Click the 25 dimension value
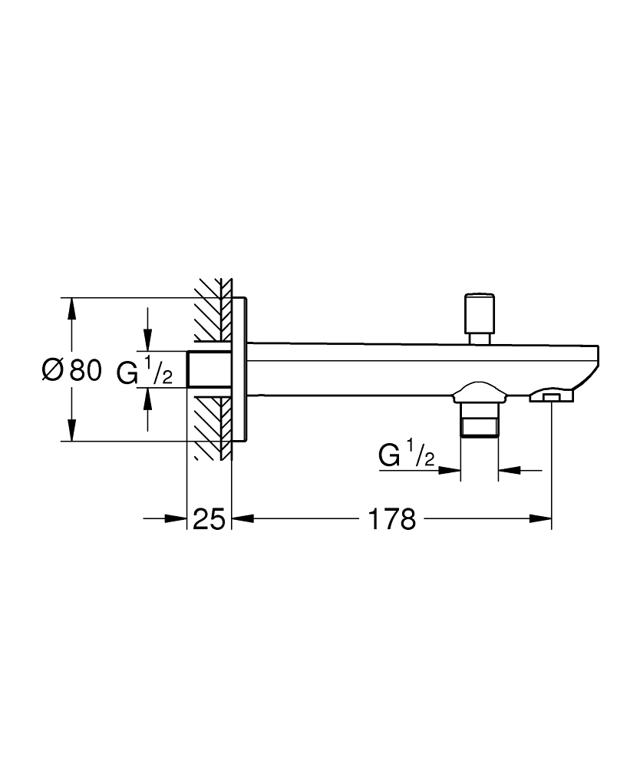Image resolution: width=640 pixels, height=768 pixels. [209, 520]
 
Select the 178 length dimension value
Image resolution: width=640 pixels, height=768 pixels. [391, 520]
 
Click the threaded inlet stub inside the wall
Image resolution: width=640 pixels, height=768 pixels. [209, 370]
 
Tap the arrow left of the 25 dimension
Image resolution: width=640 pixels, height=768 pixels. [178, 520]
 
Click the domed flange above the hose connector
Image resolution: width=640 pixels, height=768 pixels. [480, 392]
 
